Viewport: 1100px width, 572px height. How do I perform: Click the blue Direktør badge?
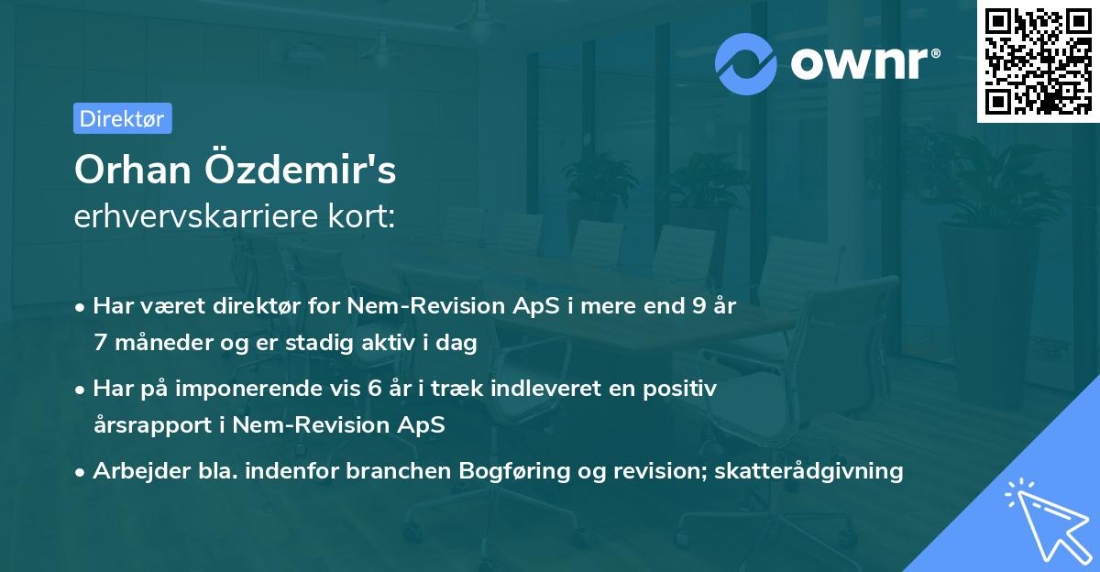123,118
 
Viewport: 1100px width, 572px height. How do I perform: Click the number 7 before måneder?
99,342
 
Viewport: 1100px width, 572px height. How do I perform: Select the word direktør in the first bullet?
228,306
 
